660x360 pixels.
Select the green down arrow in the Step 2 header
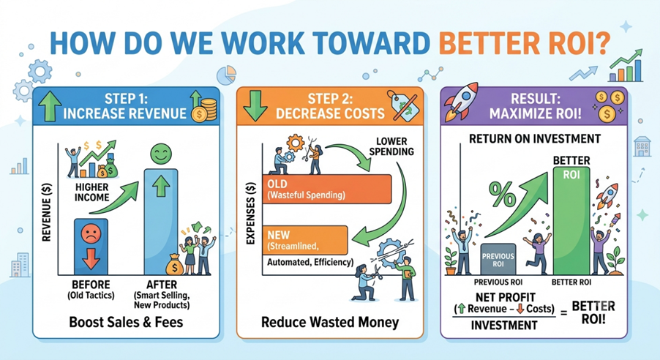click(x=255, y=105)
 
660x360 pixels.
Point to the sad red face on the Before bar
click(x=91, y=233)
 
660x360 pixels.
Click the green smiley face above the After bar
click(x=161, y=154)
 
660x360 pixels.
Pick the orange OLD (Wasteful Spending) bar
click(x=326, y=190)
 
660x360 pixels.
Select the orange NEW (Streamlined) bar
click(x=304, y=240)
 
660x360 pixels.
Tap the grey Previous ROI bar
click(x=498, y=259)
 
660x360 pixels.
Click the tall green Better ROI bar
click(x=571, y=221)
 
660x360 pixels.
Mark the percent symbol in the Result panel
click(x=502, y=194)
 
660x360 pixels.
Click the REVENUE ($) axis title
click(x=46, y=213)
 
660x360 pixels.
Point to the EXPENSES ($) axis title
click(x=250, y=213)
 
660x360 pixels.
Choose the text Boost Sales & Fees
click(x=126, y=322)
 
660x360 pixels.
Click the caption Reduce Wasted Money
click(x=330, y=323)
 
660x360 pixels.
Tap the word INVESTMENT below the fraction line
click(x=504, y=325)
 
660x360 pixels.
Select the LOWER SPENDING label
click(x=391, y=146)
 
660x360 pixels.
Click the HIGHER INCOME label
click(x=91, y=192)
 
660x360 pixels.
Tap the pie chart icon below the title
click(x=226, y=75)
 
